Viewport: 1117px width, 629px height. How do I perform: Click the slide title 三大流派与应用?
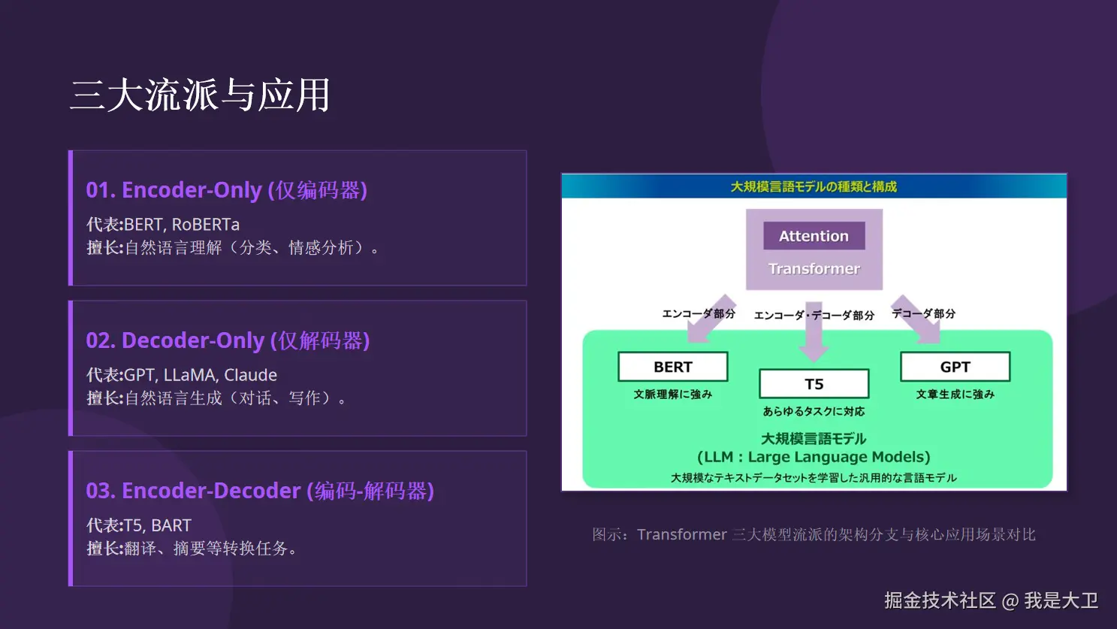click(200, 95)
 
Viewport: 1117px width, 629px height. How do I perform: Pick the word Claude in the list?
click(250, 375)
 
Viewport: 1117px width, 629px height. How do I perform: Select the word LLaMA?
click(189, 375)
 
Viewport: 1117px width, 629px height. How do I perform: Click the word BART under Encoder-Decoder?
click(171, 525)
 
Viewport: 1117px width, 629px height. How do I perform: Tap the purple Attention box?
click(814, 236)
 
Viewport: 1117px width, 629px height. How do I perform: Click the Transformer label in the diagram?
click(814, 269)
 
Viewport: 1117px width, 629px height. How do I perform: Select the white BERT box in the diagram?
click(673, 367)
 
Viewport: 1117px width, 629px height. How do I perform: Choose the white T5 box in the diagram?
click(814, 383)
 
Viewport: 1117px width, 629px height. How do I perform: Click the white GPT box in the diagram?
click(955, 367)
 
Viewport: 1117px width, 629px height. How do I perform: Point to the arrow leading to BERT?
click(711, 319)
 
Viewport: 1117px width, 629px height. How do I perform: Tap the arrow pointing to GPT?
click(916, 320)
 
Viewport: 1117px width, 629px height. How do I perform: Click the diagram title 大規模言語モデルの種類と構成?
click(814, 187)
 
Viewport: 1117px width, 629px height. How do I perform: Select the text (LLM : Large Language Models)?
click(814, 457)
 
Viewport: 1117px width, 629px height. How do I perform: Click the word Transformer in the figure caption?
click(681, 535)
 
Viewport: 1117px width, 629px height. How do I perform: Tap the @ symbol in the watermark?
click(1010, 601)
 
